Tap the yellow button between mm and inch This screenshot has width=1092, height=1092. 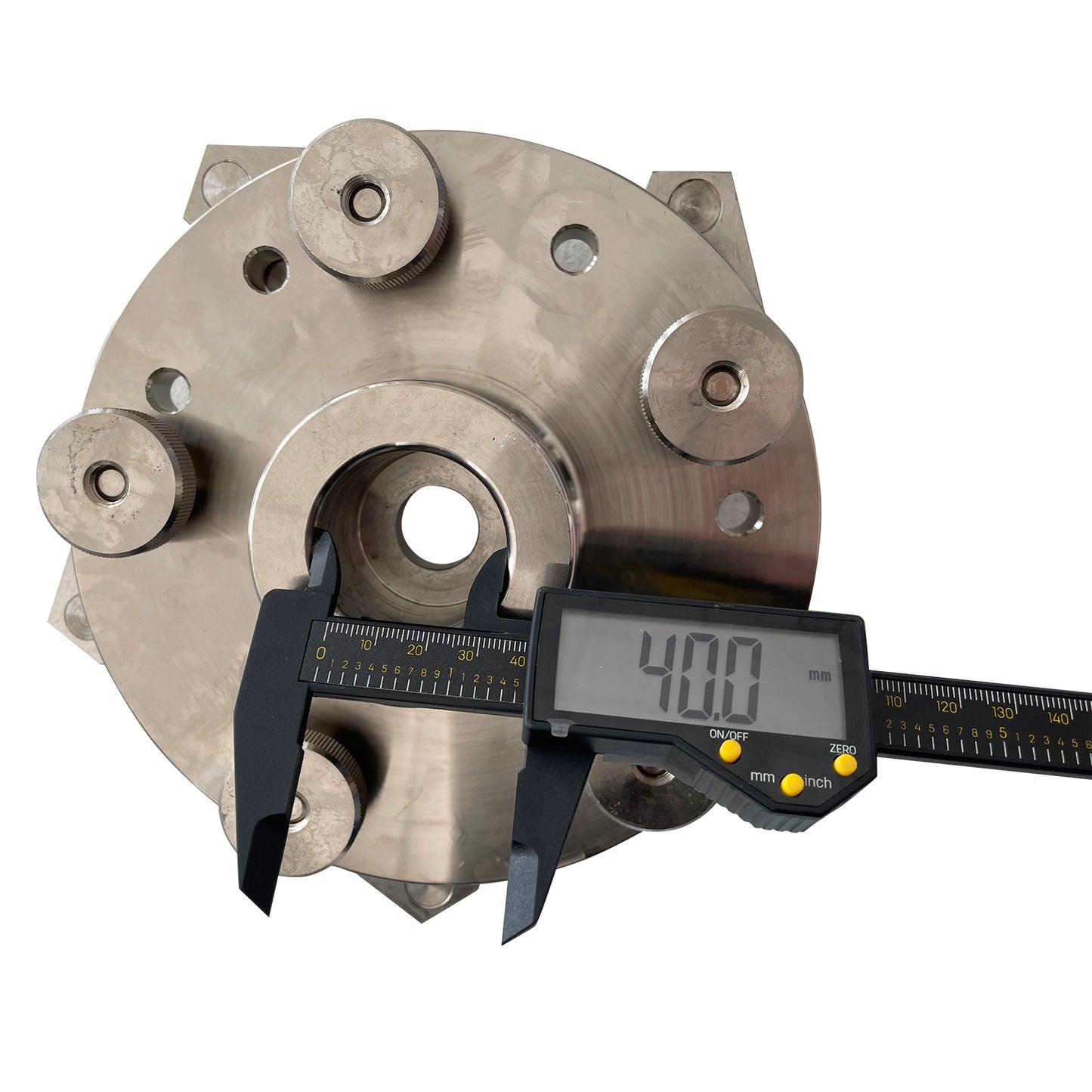point(792,784)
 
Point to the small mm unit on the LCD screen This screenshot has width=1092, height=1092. point(819,676)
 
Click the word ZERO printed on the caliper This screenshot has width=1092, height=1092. point(843,749)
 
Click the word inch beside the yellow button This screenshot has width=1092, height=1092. point(818,781)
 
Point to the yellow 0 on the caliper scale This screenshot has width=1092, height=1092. point(322,652)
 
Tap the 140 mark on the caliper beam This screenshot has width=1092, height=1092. point(1058,718)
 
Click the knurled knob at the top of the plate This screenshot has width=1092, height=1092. point(367,203)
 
